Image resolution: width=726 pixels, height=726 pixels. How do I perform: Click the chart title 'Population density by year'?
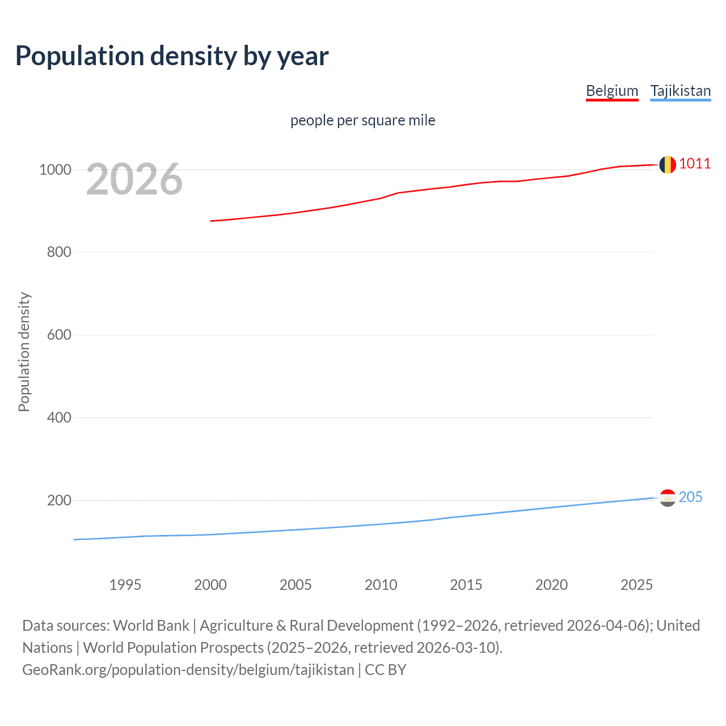pos(172,56)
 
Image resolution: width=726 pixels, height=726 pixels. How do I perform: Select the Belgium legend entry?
pos(612,91)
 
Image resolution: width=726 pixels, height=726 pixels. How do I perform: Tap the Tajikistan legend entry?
pos(680,91)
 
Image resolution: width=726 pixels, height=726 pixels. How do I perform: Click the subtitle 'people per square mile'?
pos(362,120)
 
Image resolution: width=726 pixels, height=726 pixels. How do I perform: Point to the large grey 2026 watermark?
pos(134,179)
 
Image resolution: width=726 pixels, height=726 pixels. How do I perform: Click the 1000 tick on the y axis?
pos(55,170)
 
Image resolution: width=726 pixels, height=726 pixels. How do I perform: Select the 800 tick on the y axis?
pos(59,252)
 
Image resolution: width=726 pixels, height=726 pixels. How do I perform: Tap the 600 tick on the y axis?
pos(59,335)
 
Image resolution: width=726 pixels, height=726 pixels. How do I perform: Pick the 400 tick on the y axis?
pos(59,417)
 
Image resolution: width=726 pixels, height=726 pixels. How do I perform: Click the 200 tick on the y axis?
pos(59,500)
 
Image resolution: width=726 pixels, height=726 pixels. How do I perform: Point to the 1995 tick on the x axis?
pos(125,585)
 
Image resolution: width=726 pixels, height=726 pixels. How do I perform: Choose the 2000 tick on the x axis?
pos(210,585)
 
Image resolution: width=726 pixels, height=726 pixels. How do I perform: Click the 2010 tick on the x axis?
pos(381,585)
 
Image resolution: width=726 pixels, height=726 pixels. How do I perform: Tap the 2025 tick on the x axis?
pos(636,585)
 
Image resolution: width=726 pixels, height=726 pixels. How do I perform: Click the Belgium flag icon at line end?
pos(667,164)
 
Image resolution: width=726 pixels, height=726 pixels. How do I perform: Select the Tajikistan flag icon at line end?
pos(668,498)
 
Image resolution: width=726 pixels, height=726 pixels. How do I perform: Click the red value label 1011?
pos(695,164)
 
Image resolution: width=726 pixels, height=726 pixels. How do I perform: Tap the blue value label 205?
pos(690,497)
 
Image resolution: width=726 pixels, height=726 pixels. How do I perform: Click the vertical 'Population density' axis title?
pos(24,352)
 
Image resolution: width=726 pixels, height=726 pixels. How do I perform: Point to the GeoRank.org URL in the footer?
pos(188,669)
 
